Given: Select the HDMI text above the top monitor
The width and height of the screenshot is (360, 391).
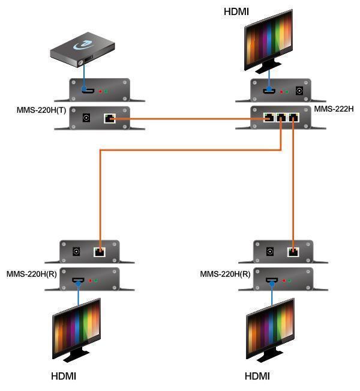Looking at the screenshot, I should pyautogui.click(x=236, y=11).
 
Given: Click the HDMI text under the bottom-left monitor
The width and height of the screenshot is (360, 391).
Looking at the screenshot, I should pyautogui.click(x=64, y=377).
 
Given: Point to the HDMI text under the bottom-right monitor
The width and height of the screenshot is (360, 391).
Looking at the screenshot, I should pyautogui.click(x=257, y=377).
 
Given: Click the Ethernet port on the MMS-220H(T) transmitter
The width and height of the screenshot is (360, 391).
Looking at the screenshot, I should pyautogui.click(x=109, y=118).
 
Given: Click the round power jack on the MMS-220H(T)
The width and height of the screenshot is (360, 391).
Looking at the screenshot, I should pyautogui.click(x=86, y=118).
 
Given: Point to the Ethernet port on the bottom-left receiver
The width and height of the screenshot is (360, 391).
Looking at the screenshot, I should pyautogui.click(x=100, y=252).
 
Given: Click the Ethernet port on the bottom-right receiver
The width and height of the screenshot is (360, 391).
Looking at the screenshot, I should pyautogui.click(x=293, y=252).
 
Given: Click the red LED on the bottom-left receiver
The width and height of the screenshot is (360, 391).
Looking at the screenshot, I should pyautogui.click(x=90, y=280).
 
